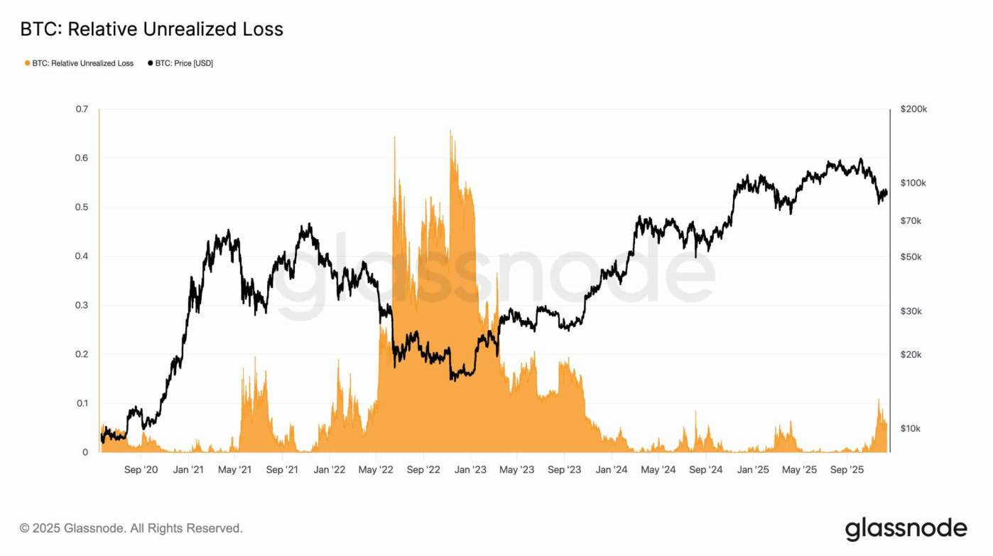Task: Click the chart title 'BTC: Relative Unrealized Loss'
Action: pyautogui.click(x=151, y=29)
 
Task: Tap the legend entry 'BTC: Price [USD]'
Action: pyautogui.click(x=180, y=63)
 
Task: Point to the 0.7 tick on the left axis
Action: pyautogui.click(x=82, y=109)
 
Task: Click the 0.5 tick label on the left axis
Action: pyautogui.click(x=82, y=208)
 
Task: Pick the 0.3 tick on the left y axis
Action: pyautogui.click(x=82, y=306)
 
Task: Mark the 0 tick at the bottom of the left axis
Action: pyautogui.click(x=85, y=452)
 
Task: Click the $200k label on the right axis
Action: pyautogui.click(x=913, y=109)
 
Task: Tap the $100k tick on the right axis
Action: pyautogui.click(x=913, y=183)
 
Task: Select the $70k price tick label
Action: pyautogui.click(x=911, y=221)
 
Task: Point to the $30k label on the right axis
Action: pyautogui.click(x=911, y=311)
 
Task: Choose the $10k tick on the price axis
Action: pyautogui.click(x=911, y=429)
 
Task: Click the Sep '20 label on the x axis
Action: pyautogui.click(x=141, y=470)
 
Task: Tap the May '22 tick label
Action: pyautogui.click(x=376, y=470)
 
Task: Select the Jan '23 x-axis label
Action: pyautogui.click(x=470, y=470)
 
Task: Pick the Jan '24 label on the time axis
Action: pyautogui.click(x=611, y=470)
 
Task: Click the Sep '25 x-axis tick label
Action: pyautogui.click(x=847, y=470)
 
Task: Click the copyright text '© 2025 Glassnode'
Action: pyautogui.click(x=131, y=528)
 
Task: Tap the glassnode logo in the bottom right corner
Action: pyautogui.click(x=906, y=529)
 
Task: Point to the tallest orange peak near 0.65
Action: pyautogui.click(x=450, y=132)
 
